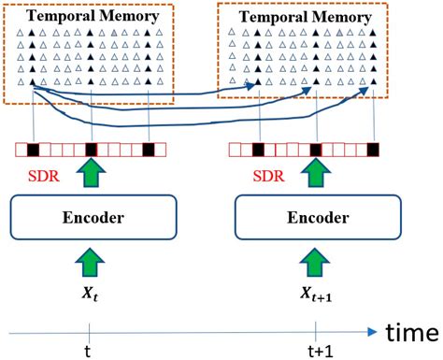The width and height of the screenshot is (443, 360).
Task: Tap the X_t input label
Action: (87, 291)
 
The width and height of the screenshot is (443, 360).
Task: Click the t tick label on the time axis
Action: (87, 351)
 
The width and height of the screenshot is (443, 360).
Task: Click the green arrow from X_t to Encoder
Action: (87, 261)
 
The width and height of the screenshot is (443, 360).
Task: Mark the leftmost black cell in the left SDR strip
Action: (33, 149)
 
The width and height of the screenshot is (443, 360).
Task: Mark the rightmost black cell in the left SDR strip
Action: (148, 149)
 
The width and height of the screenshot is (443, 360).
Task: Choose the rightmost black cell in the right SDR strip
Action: (373, 149)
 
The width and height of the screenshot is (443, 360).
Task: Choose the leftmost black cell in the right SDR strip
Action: (258, 149)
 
